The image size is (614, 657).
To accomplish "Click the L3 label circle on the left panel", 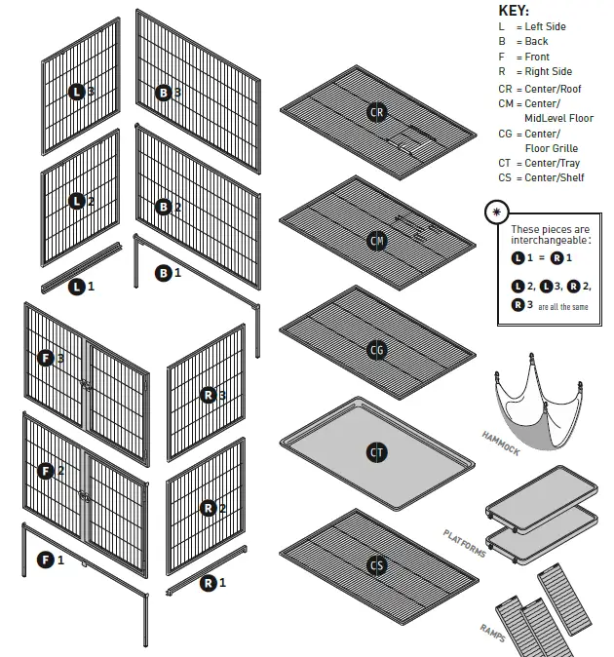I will [77, 92].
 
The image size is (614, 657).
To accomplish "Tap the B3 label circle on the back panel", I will [164, 93].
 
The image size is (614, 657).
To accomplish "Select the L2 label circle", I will [77, 202].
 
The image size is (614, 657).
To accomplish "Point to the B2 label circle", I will [164, 207].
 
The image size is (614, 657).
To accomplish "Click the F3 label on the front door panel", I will [45, 358].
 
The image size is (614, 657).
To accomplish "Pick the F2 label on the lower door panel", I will [45, 471].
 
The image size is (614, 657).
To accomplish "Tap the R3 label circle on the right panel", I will [208, 395].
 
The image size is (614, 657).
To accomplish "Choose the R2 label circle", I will [208, 508].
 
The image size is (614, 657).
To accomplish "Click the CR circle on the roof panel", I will [376, 113].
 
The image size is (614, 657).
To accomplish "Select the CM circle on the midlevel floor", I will [376, 240].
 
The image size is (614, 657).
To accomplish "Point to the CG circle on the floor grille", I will [376, 350].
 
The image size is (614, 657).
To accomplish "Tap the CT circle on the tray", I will [376, 452].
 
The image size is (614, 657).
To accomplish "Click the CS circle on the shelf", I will [376, 565].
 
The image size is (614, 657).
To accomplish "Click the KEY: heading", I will [514, 10].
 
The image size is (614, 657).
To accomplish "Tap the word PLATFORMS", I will [464, 544].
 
